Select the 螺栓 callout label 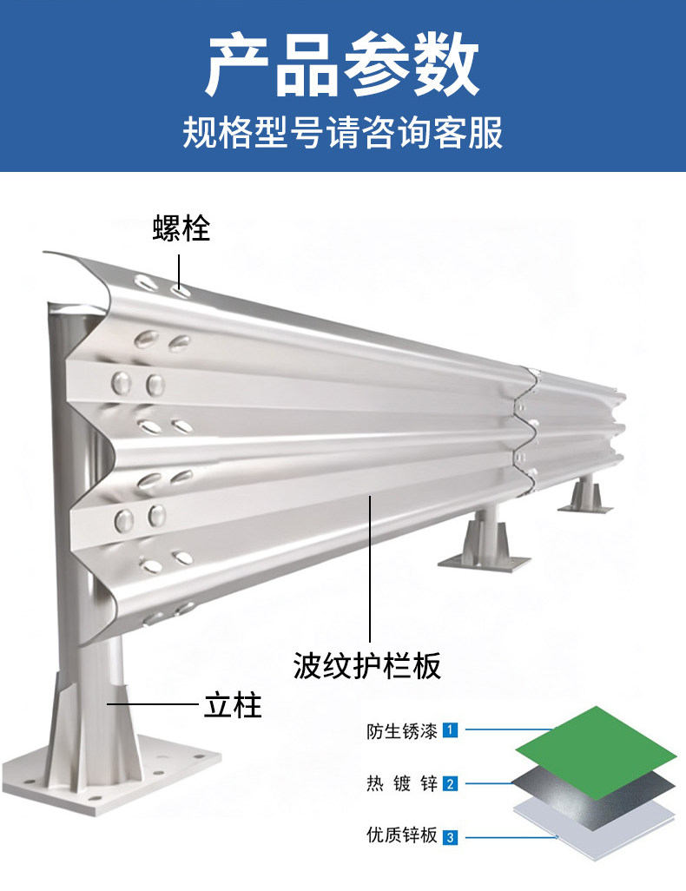click(x=181, y=228)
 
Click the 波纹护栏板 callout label click(x=366, y=665)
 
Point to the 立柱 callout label click(x=233, y=704)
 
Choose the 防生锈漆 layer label click(x=401, y=730)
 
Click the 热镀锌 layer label click(x=401, y=784)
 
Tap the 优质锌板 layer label click(x=401, y=836)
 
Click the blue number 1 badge click(x=450, y=730)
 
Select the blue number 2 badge click(x=450, y=784)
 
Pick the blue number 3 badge click(x=450, y=837)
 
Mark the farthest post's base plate click(x=584, y=506)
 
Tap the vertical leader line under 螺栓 click(x=180, y=270)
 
